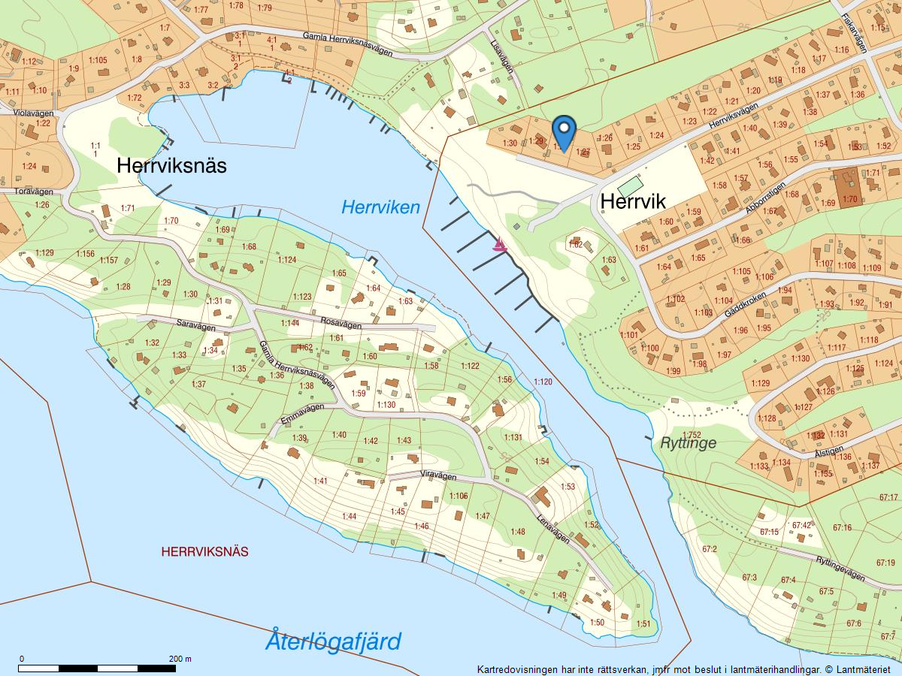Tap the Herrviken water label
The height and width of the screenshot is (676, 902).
point(380,207)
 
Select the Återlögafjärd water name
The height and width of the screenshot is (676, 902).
point(333,641)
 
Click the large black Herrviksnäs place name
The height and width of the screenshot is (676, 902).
point(171,166)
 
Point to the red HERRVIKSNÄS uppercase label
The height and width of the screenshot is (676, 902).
point(204,551)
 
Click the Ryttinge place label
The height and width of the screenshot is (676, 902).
point(688,443)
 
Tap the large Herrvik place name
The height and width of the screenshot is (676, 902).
point(632,201)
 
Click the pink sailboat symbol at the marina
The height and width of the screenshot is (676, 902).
point(499,244)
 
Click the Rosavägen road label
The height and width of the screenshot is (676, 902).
point(341,324)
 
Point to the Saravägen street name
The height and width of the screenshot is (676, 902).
point(195,327)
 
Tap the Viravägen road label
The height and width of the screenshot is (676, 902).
point(439,475)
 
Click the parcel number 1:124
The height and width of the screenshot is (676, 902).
point(287,260)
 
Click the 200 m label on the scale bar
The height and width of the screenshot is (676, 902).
point(180,659)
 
